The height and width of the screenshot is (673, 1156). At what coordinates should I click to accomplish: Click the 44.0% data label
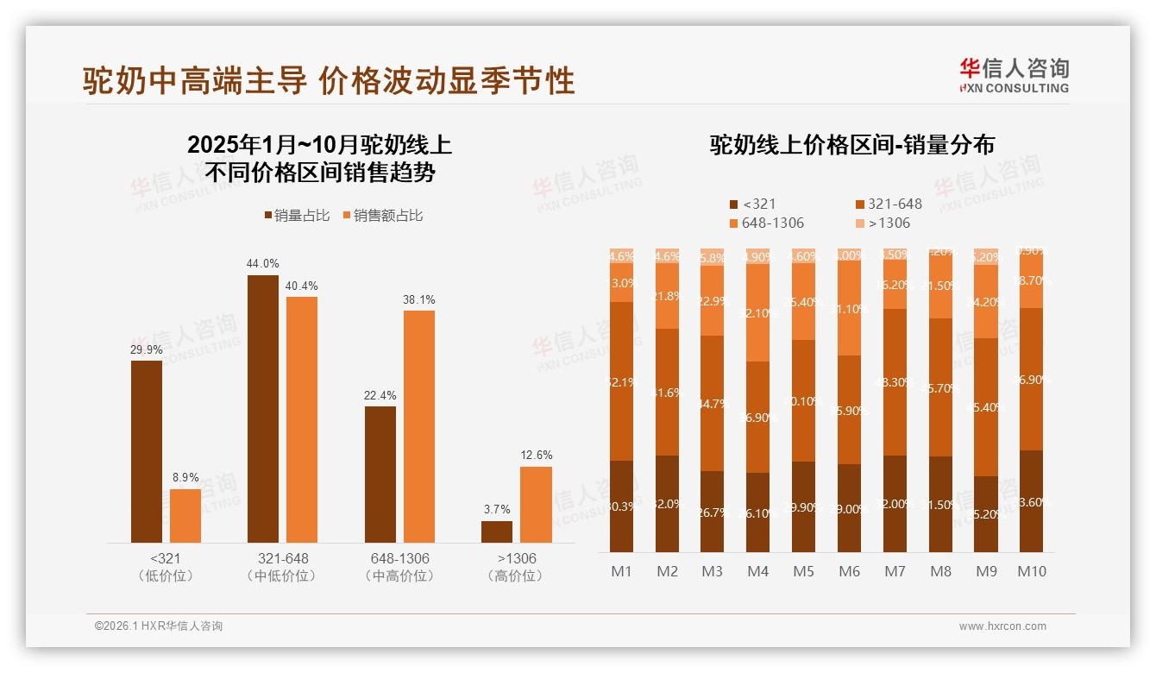(x=263, y=263)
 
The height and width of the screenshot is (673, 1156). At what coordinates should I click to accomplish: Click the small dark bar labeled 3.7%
(x=497, y=531)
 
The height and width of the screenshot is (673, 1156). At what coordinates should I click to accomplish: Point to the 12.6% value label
(x=537, y=455)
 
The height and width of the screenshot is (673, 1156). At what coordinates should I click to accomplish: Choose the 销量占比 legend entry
(x=297, y=216)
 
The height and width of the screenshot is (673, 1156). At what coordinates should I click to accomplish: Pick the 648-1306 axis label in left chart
(x=399, y=559)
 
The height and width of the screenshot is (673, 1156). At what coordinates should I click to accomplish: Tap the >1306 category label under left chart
(x=516, y=559)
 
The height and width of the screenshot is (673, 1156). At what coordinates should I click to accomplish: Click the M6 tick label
(x=850, y=571)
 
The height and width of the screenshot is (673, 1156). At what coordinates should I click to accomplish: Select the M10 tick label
(x=1031, y=571)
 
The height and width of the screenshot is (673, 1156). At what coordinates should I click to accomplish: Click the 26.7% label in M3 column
(x=712, y=513)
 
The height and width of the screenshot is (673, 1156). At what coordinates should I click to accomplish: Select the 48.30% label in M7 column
(x=895, y=382)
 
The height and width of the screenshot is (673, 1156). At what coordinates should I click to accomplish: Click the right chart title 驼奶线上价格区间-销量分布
(x=851, y=145)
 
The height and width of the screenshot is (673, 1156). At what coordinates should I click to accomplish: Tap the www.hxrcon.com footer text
(x=1002, y=626)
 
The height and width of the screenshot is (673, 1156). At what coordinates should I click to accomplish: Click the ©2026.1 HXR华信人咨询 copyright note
(x=158, y=626)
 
